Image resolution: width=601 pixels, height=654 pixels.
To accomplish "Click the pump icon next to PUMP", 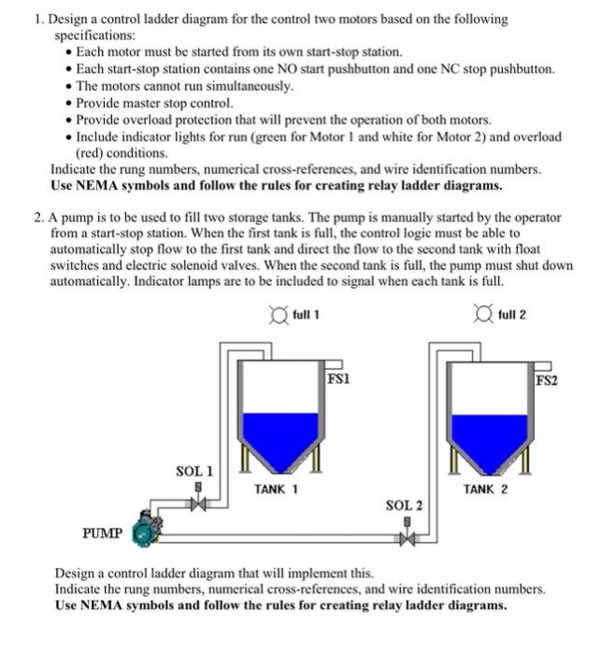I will pos(146,530).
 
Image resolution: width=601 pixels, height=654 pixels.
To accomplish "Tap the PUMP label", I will pos(103,533).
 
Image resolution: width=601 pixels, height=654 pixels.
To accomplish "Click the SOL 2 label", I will pos(404,505).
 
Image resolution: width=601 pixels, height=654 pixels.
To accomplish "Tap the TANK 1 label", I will pos(276,488).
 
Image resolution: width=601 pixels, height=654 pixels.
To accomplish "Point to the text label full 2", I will pos(513,314).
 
